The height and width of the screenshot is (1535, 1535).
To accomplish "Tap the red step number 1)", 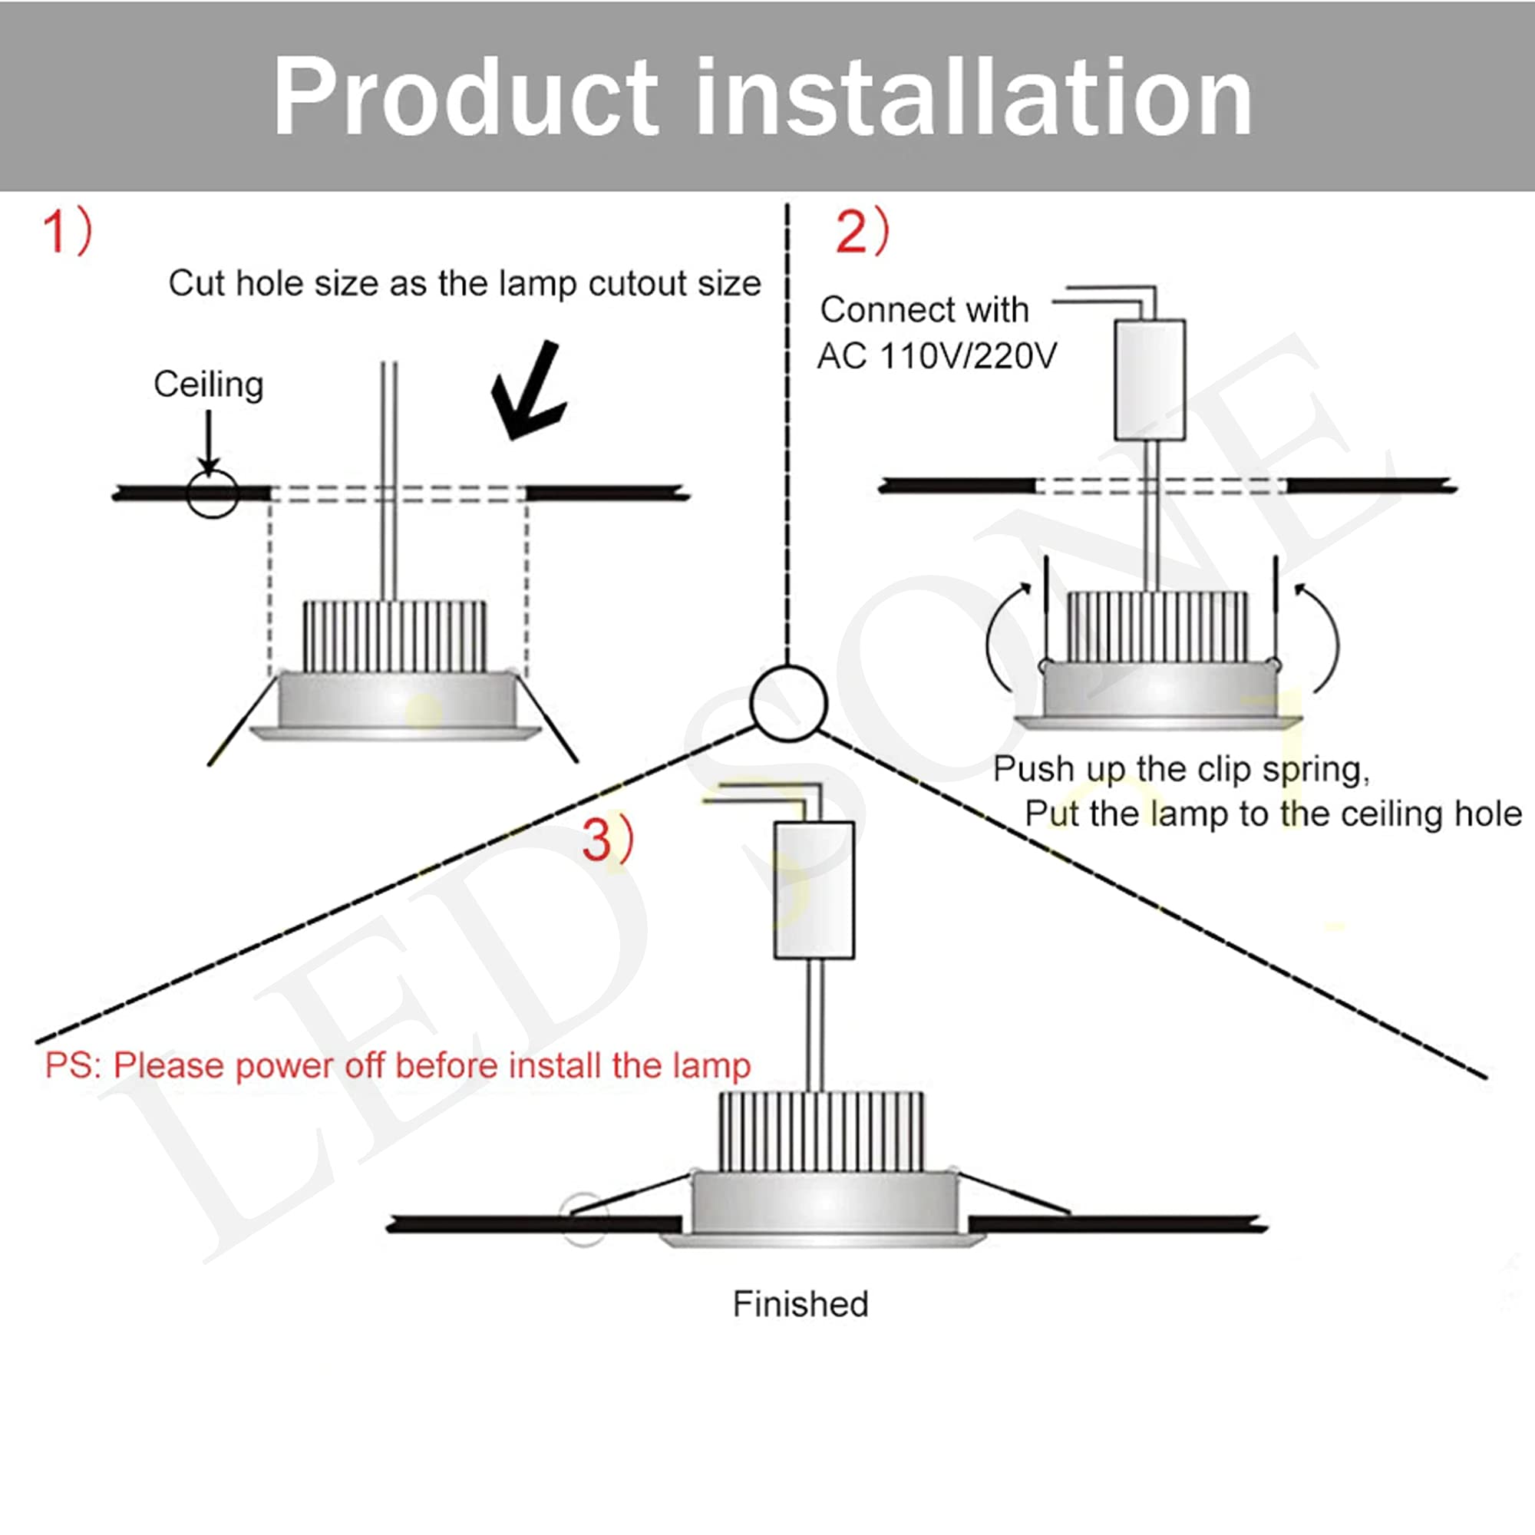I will [x=67, y=231].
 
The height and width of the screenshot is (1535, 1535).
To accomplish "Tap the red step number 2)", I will [x=862, y=231].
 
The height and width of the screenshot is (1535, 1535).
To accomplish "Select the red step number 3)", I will [x=608, y=838].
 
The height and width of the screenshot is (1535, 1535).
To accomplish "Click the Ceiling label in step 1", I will [x=208, y=385].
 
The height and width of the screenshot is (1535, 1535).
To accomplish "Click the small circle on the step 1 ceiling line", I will [x=212, y=494].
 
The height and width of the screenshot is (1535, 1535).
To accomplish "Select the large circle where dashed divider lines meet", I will [x=788, y=704].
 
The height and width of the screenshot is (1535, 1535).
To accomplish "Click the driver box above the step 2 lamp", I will [x=1150, y=380].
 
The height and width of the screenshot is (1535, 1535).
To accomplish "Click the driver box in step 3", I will [x=814, y=890].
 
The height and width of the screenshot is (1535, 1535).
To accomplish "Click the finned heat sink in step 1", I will [x=394, y=636].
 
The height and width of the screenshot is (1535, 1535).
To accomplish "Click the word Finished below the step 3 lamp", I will [x=800, y=1304].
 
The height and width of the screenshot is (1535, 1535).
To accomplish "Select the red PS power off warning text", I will [x=398, y=1065].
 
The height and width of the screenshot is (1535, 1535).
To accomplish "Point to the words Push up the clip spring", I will [x=1180, y=768].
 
